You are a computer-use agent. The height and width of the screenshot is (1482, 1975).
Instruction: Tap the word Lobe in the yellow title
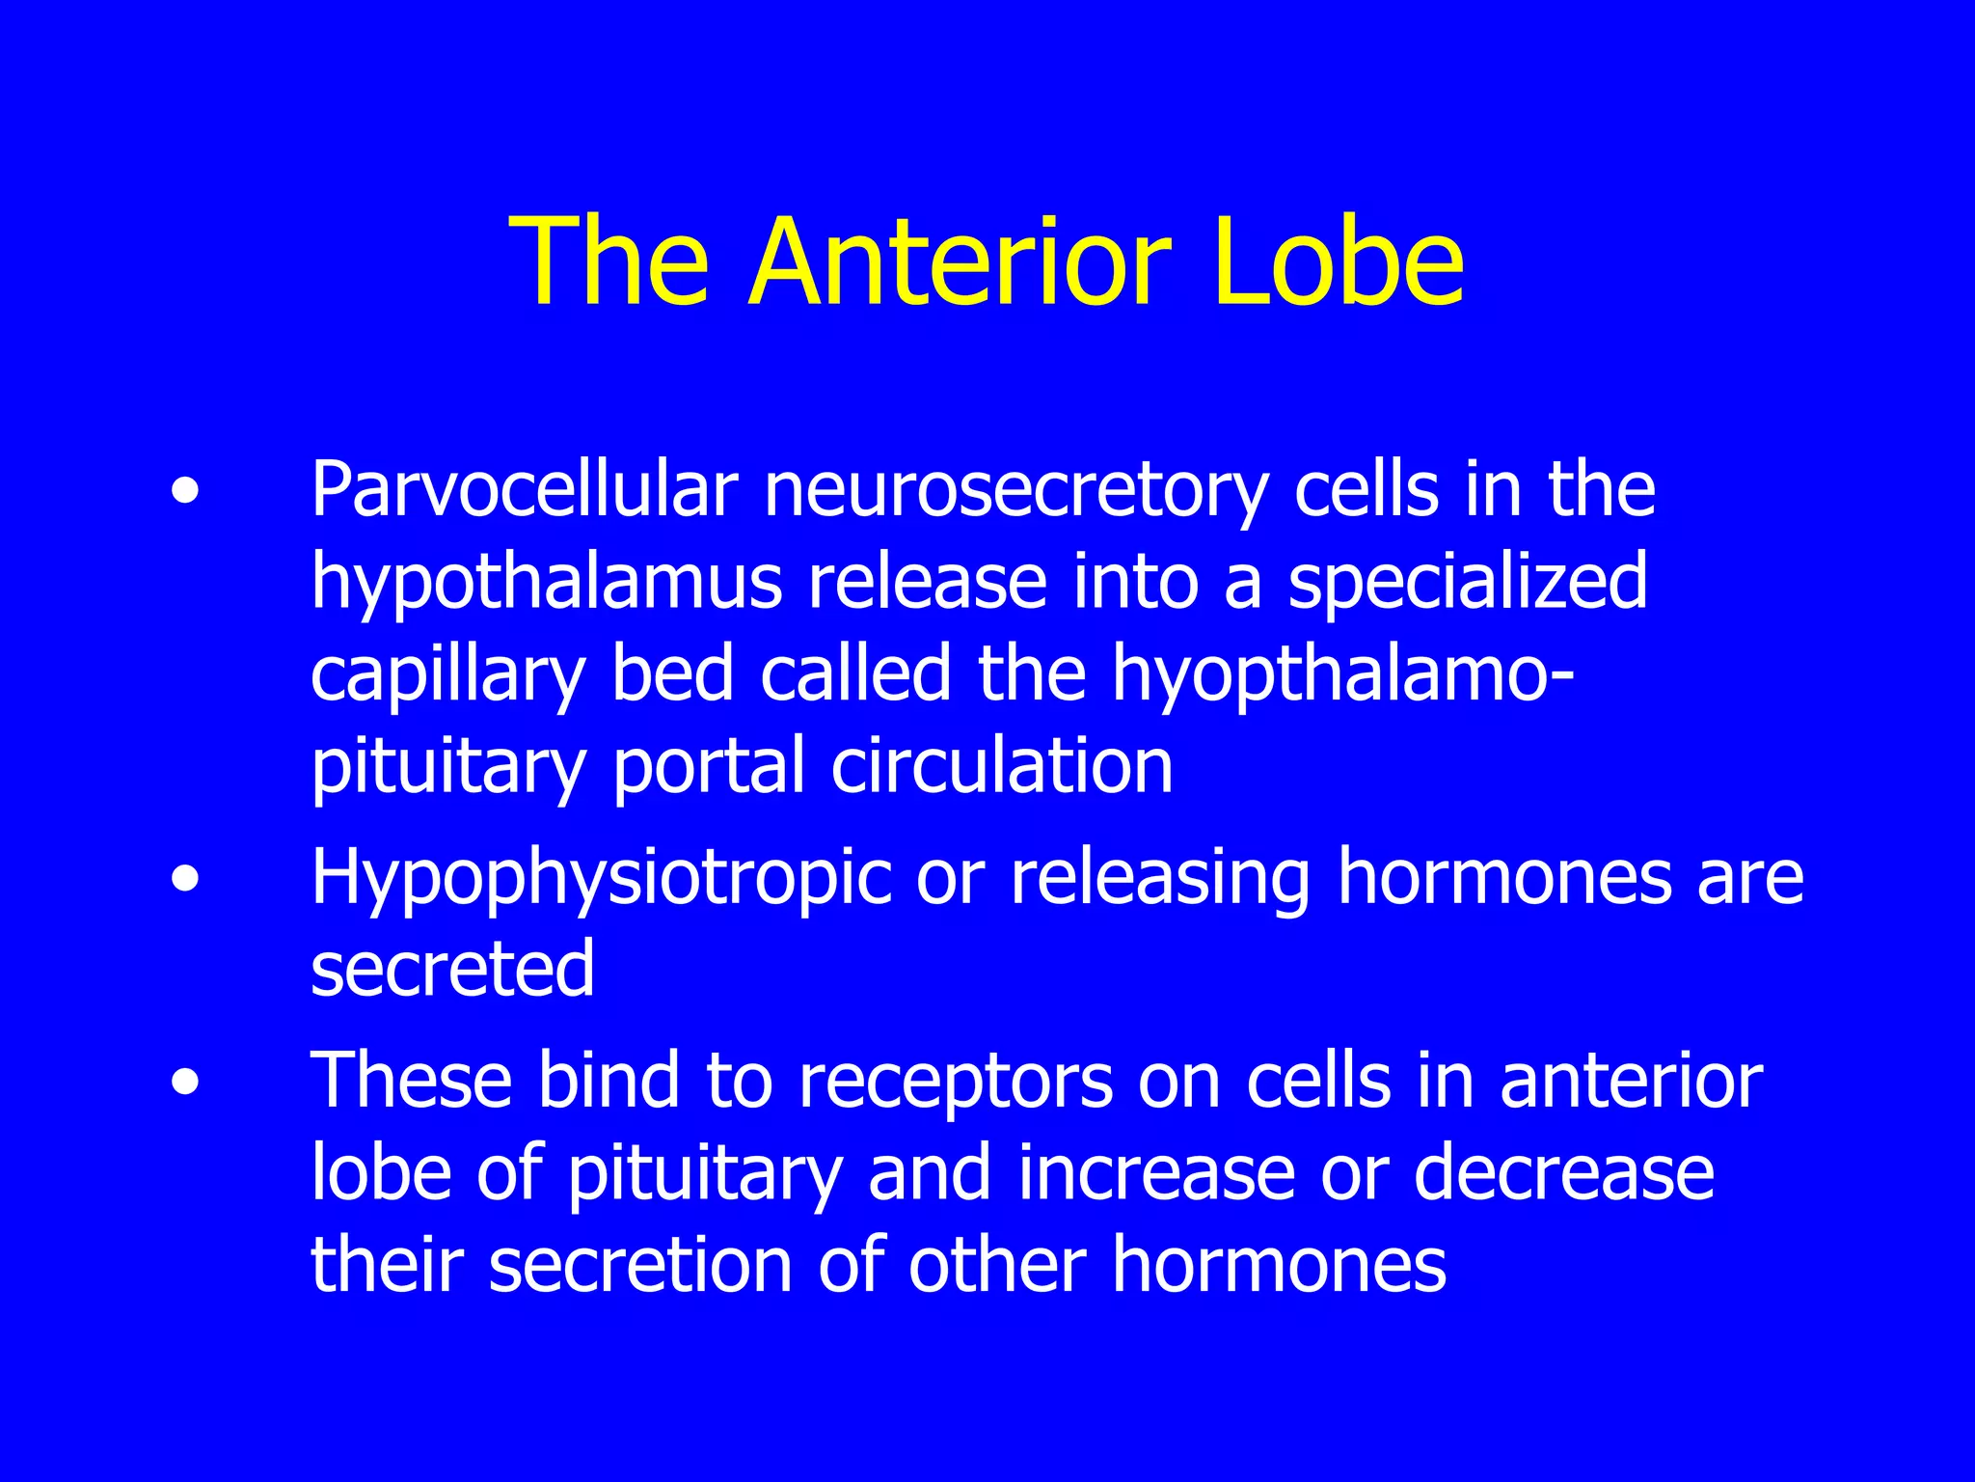(1339, 262)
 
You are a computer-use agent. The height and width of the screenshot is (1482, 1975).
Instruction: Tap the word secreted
(452, 969)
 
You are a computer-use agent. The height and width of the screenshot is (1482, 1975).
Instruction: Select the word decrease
(1563, 1173)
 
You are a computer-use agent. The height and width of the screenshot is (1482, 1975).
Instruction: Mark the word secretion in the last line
(640, 1264)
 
